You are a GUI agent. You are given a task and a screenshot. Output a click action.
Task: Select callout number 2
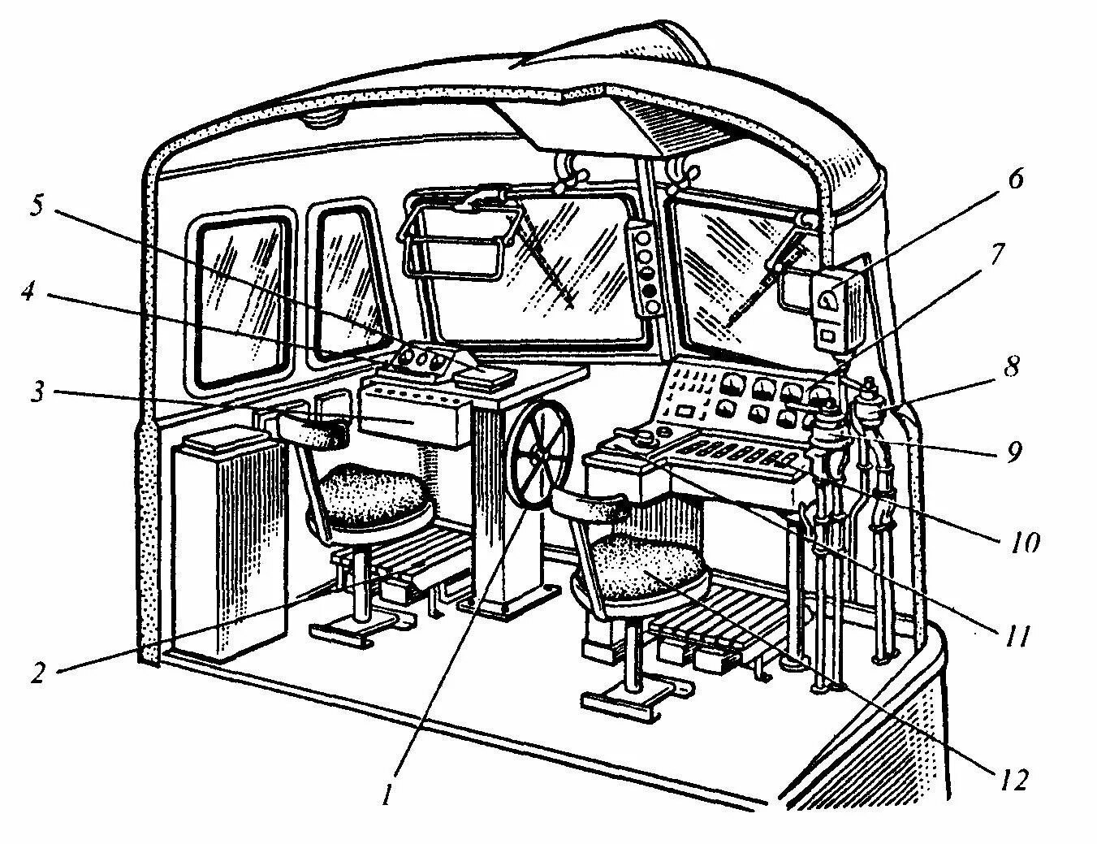click(37, 673)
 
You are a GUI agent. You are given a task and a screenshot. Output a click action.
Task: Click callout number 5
click(36, 204)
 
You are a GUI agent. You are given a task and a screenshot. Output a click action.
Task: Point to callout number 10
click(1026, 541)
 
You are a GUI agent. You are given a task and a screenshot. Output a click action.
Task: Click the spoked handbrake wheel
click(539, 457)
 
